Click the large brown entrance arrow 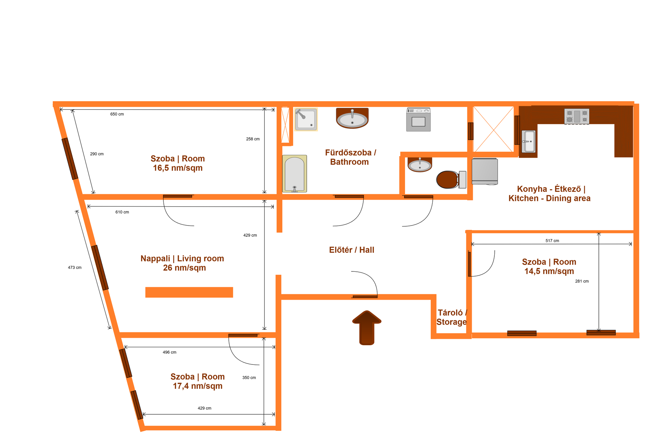[367, 328]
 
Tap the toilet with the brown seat [451, 180]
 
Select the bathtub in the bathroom [295, 174]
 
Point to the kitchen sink [529, 142]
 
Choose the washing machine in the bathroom [419, 119]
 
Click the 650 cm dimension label [117, 114]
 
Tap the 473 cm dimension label [74, 268]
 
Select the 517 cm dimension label [552, 241]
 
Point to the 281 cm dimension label [582, 281]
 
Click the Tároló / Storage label [452, 317]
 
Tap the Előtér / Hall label [351, 250]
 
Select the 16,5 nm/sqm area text [178, 168]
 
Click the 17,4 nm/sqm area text [197, 386]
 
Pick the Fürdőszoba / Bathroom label [350, 157]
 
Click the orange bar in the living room [189, 292]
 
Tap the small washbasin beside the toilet [420, 165]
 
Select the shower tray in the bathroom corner [306, 119]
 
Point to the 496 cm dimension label [170, 352]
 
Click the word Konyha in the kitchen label [532, 189]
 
